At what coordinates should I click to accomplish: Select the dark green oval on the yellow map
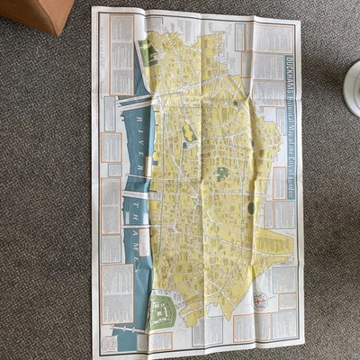251,208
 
